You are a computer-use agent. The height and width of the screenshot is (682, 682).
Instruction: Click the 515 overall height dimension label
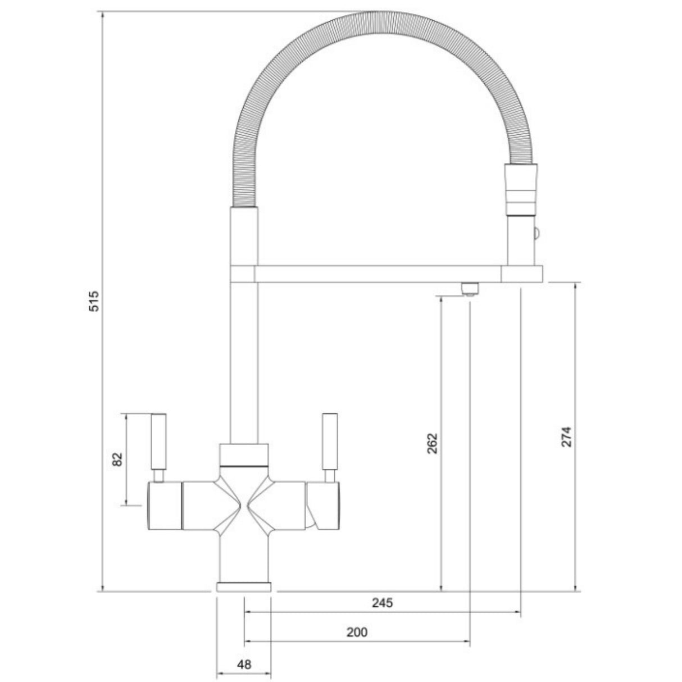coord(94,301)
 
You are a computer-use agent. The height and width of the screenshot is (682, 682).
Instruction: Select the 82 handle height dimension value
coord(117,458)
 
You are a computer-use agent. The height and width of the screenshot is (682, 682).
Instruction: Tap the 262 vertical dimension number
coord(431,443)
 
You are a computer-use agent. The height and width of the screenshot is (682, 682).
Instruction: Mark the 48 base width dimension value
coord(244,664)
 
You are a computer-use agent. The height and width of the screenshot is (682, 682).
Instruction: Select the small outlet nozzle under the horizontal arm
coord(469,289)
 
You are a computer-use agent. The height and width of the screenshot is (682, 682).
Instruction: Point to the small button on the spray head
coord(536,232)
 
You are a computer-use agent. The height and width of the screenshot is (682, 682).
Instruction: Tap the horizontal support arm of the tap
coord(378,274)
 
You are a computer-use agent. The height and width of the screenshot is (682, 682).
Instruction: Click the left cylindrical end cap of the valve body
coord(163,506)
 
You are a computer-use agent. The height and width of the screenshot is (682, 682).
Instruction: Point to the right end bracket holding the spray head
coord(522,274)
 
